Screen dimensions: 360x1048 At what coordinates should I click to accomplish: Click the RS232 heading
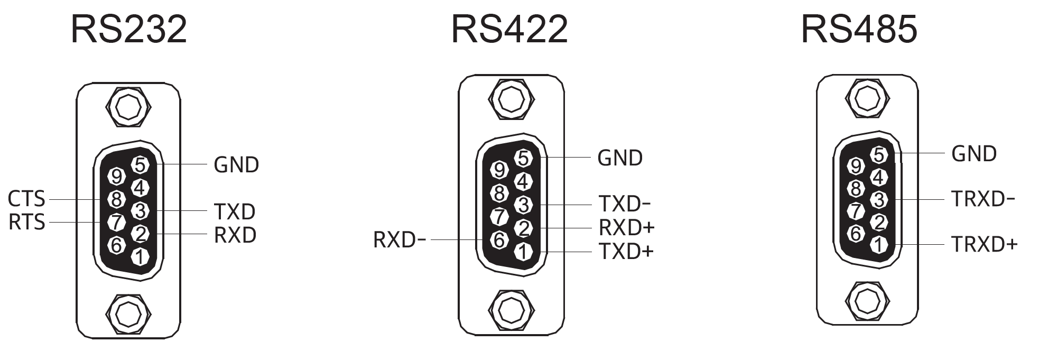pos(128,29)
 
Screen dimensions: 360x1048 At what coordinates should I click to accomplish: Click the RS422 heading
pos(509,29)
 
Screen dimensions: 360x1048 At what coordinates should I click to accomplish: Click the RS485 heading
pos(859,29)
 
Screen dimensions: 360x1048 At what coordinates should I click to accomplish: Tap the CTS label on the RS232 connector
pos(26,199)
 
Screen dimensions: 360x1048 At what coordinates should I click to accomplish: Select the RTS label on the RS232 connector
pos(26,222)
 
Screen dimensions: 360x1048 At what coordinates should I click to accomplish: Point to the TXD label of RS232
pos(235,211)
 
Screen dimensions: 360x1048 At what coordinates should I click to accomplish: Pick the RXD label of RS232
pos(235,235)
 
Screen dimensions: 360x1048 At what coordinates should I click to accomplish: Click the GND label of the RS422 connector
pos(620,158)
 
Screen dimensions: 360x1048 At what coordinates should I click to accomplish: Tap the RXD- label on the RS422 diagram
pos(400,240)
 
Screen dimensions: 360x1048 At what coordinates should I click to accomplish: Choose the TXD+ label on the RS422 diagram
pos(626,252)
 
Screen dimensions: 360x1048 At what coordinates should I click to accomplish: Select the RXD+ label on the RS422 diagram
pos(626,227)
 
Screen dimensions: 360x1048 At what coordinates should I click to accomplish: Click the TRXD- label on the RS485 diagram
pos(983,199)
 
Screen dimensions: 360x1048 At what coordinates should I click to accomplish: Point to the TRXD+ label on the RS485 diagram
pos(984,244)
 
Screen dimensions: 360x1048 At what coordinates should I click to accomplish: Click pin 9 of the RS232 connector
pos(117,177)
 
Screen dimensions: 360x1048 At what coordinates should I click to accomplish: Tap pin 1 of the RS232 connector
pos(140,257)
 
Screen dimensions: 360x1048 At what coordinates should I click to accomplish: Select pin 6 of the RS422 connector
pos(499,241)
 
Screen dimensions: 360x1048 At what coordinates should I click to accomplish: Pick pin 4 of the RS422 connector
pos(523,182)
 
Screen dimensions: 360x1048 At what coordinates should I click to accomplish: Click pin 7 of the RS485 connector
pos(856,211)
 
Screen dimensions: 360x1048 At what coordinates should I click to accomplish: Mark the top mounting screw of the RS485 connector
pos(867,98)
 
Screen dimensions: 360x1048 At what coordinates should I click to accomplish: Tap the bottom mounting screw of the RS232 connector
pos(128,315)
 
